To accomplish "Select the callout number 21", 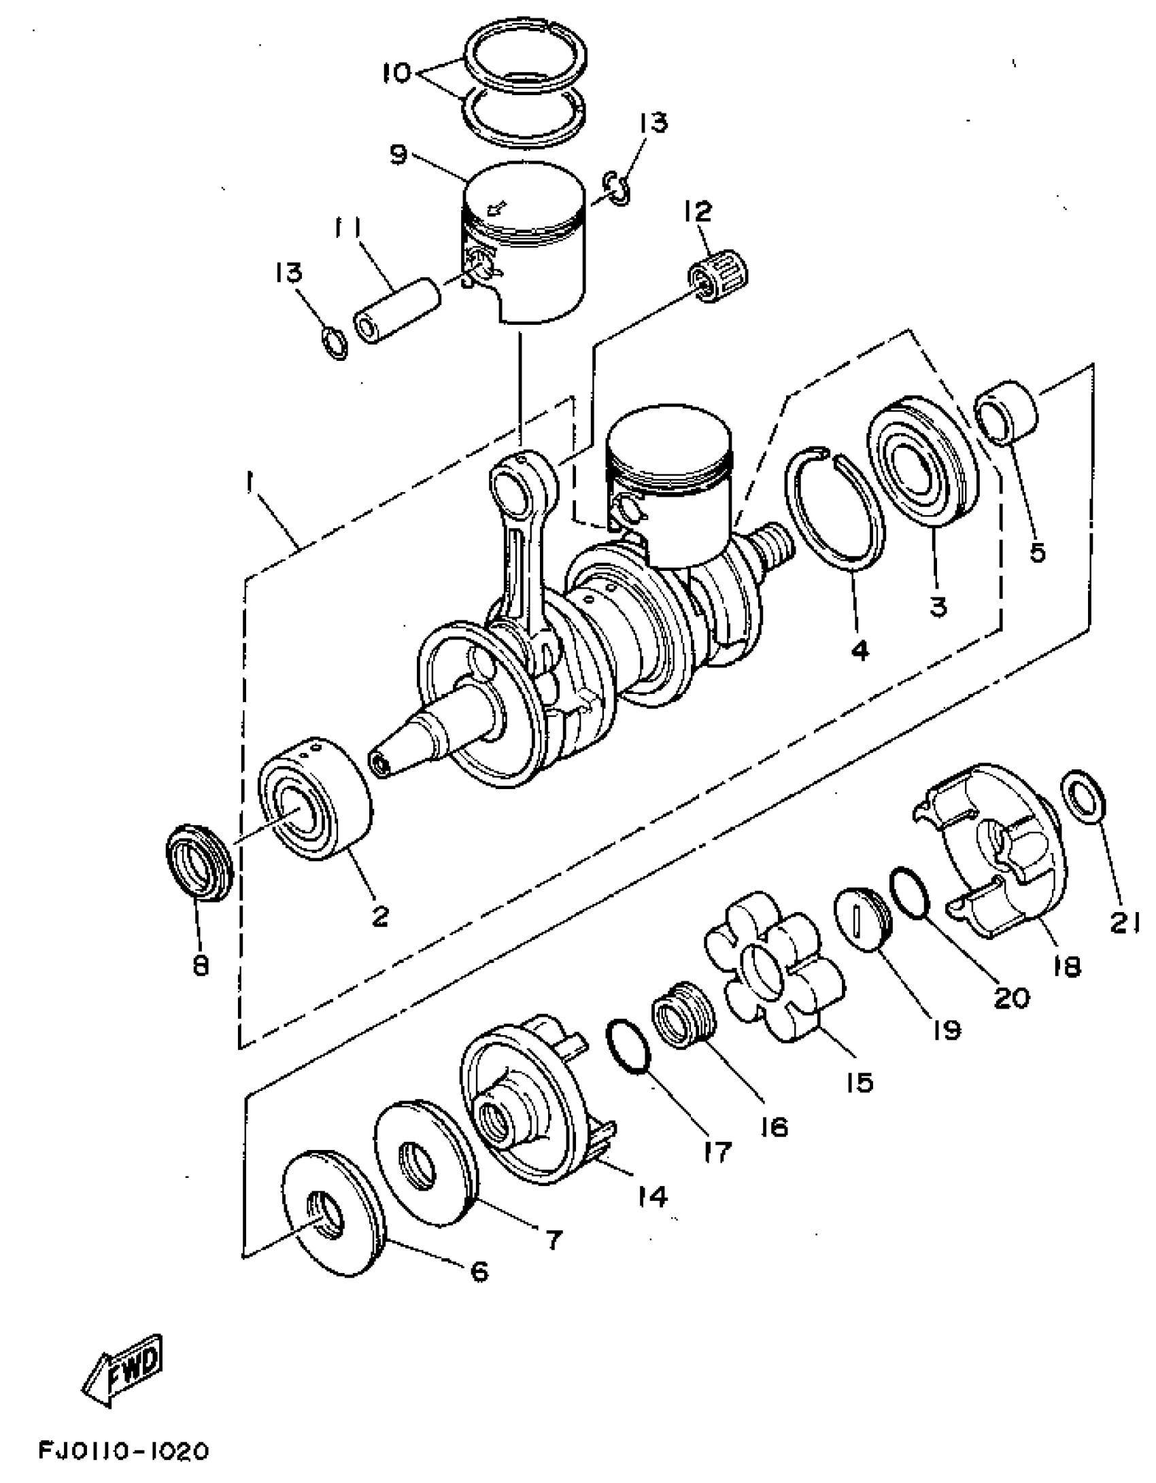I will (1125, 922).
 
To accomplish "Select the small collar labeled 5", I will (1008, 413).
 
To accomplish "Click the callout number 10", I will (401, 72).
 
